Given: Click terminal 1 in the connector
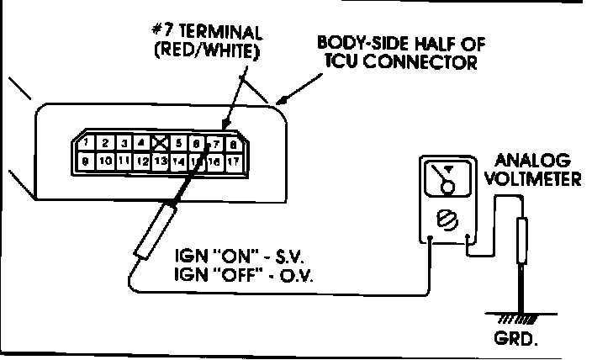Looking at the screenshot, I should (87, 143).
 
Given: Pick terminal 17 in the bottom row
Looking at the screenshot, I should (234, 160).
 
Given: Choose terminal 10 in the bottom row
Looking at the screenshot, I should (106, 160).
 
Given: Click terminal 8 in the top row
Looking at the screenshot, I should (232, 143).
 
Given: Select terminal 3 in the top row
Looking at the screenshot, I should (124, 143).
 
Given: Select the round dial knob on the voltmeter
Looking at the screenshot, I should (447, 220).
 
